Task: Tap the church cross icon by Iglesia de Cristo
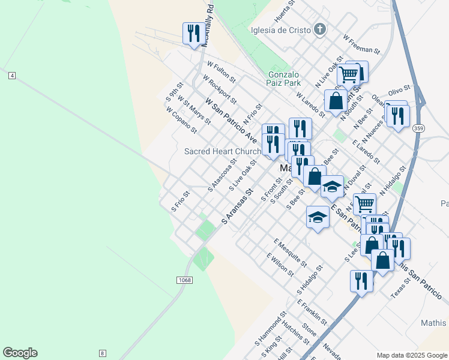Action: (321, 29)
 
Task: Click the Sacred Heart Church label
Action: (223, 151)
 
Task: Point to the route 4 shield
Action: (12, 75)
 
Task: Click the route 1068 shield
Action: (184, 280)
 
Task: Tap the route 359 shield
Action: (418, 128)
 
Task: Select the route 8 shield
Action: (103, 353)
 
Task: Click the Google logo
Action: (20, 353)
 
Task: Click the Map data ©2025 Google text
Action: (412, 355)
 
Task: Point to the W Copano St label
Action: (181, 120)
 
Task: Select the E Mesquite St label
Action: (290, 253)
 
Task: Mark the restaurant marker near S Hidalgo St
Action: (361, 280)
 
